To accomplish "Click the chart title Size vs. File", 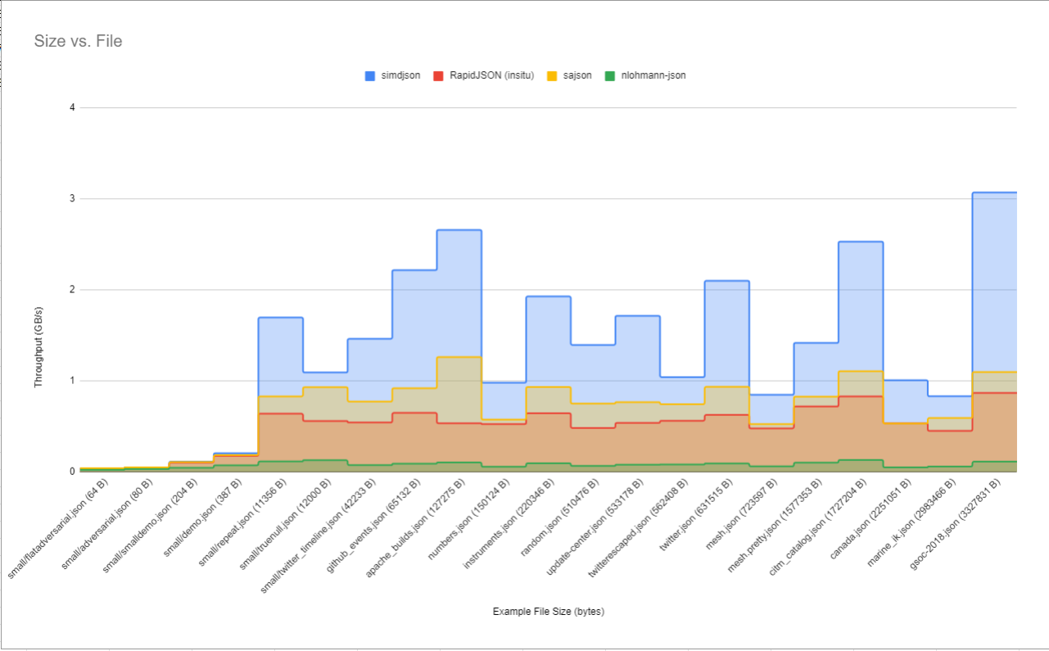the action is tap(79, 41).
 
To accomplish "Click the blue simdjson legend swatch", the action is tap(370, 76).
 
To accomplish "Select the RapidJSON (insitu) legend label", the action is tap(491, 75).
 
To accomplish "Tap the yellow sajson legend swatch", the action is tap(552, 76).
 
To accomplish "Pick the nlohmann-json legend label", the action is tap(653, 75).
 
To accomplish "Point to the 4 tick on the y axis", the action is tap(72, 108).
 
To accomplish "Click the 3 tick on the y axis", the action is tap(72, 199).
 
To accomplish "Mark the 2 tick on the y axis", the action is tap(72, 289).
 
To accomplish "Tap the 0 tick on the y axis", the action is tap(72, 472).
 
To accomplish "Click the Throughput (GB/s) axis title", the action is tap(38, 347).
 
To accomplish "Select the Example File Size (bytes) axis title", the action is tap(549, 612).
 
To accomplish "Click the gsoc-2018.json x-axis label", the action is tap(955, 525).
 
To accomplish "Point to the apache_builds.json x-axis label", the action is tap(415, 528).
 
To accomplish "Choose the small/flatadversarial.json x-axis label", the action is tap(58, 529).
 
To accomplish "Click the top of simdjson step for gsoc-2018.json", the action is tap(994, 192).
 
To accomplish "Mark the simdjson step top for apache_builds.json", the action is tap(459, 230).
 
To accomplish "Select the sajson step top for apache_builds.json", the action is tap(459, 357).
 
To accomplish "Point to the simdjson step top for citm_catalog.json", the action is tap(861, 242).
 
